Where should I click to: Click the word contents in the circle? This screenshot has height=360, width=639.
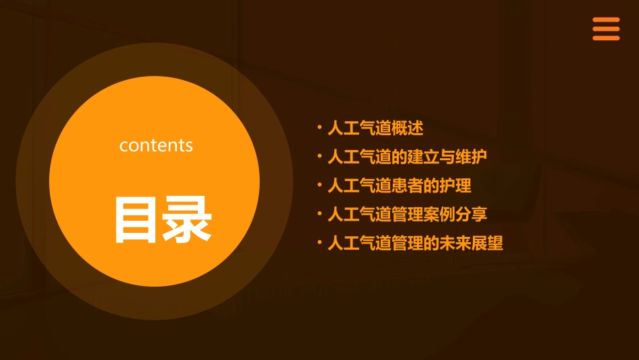pyautogui.click(x=156, y=145)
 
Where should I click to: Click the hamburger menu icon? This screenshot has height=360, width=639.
pyautogui.click(x=605, y=29)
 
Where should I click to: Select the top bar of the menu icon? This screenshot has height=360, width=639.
pyautogui.click(x=605, y=20)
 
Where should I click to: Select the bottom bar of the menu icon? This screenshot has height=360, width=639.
pyautogui.click(x=605, y=38)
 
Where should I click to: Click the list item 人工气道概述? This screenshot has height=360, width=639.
pyautogui.click(x=375, y=128)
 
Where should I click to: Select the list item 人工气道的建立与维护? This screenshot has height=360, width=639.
pyautogui.click(x=407, y=157)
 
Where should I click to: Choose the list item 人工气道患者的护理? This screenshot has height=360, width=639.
pyautogui.click(x=399, y=186)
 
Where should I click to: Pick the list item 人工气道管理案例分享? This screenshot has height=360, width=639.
pyautogui.click(x=407, y=215)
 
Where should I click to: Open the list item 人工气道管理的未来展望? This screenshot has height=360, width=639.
pyautogui.click(x=415, y=243)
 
